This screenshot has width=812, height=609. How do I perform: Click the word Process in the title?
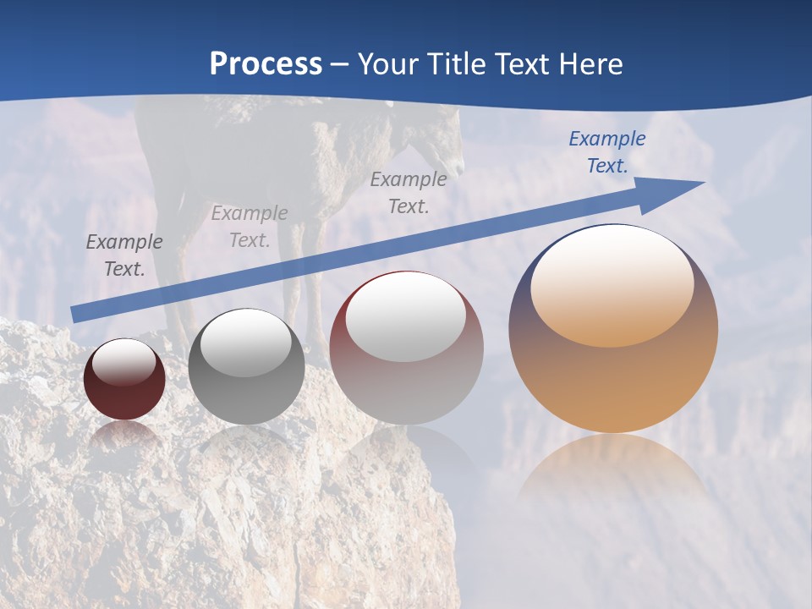tap(266, 63)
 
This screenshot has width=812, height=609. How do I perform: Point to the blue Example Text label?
tap(607, 152)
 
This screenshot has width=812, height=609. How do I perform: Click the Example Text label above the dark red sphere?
tap(124, 255)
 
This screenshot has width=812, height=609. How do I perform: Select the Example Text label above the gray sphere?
tap(250, 227)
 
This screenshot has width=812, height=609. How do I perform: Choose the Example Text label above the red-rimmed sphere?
tap(409, 192)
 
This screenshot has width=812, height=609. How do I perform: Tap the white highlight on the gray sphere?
tap(246, 343)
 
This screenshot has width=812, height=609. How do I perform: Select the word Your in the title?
tap(390, 63)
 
